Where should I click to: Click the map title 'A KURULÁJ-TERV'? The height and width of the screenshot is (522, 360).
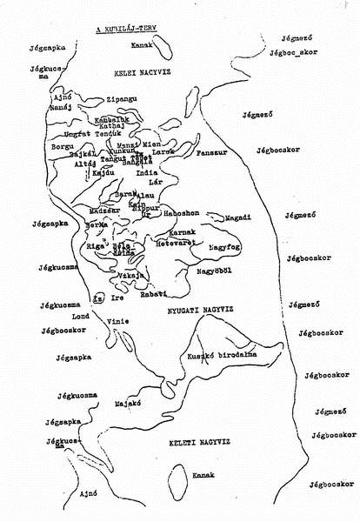pyautogui.click(x=131, y=29)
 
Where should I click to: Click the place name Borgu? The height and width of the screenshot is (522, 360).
pyautogui.click(x=63, y=148)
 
